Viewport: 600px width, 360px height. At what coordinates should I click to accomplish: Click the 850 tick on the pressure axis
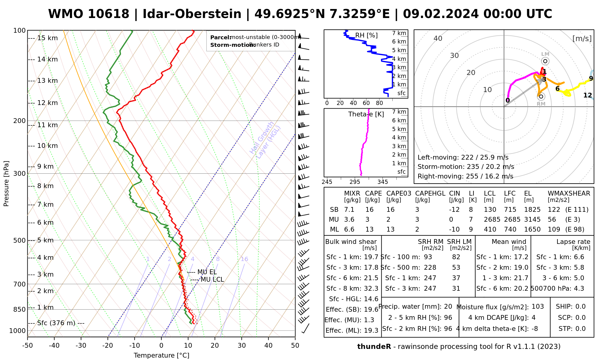(x=20, y=309)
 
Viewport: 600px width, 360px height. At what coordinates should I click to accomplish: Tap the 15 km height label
(x=47, y=38)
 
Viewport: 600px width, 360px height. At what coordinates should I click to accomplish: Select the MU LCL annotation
(x=212, y=280)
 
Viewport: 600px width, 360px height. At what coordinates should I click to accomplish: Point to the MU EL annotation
(x=207, y=272)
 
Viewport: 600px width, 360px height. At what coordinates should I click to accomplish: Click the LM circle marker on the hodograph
(x=545, y=61)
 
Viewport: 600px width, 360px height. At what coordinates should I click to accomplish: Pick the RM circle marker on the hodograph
(x=541, y=96)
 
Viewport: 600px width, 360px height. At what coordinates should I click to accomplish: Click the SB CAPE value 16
(x=369, y=210)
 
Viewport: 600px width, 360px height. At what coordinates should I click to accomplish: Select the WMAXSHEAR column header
(x=569, y=193)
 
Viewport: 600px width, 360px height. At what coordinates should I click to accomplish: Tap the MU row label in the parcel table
(x=334, y=220)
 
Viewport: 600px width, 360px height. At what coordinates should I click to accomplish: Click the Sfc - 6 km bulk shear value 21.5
(x=371, y=278)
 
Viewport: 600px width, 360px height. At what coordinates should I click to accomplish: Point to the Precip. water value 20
(x=448, y=307)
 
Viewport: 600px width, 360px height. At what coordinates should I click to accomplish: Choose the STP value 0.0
(x=580, y=329)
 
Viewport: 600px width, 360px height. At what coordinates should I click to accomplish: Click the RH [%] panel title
(x=366, y=35)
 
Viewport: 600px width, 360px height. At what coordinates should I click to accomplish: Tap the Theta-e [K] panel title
(x=366, y=114)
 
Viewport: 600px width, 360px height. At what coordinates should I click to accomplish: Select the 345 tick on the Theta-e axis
(x=382, y=182)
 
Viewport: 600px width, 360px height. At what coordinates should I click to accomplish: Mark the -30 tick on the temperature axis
(x=81, y=346)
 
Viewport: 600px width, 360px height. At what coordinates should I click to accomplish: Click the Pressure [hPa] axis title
(x=6, y=184)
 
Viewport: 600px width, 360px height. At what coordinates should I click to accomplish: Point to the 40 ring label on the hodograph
(x=438, y=38)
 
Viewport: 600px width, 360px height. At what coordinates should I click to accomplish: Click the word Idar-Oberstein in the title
(x=192, y=14)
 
